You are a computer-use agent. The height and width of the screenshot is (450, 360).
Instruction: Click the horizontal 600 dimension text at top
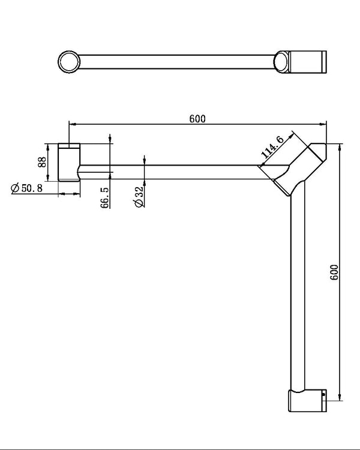click(197, 118)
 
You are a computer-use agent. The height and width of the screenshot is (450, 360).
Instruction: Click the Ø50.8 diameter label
click(26, 188)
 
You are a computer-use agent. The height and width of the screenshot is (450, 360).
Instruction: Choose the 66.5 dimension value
click(105, 197)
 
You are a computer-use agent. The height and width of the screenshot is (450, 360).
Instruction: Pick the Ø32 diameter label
click(139, 197)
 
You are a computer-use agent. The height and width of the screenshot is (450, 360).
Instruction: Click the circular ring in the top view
click(70, 61)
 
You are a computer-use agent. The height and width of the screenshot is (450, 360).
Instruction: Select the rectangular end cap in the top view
click(308, 61)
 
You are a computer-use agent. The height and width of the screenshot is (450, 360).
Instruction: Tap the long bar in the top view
click(180, 61)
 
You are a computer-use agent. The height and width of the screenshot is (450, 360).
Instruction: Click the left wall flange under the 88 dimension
click(69, 162)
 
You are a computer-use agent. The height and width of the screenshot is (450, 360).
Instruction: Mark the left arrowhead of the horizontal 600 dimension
click(71, 124)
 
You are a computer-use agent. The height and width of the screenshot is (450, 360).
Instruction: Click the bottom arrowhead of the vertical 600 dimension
click(340, 397)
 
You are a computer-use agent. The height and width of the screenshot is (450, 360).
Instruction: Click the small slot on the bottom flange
click(324, 395)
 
